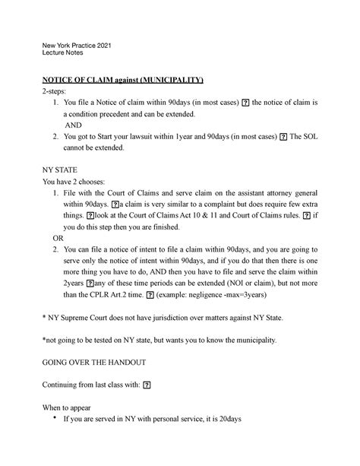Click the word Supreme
[x=81, y=316]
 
